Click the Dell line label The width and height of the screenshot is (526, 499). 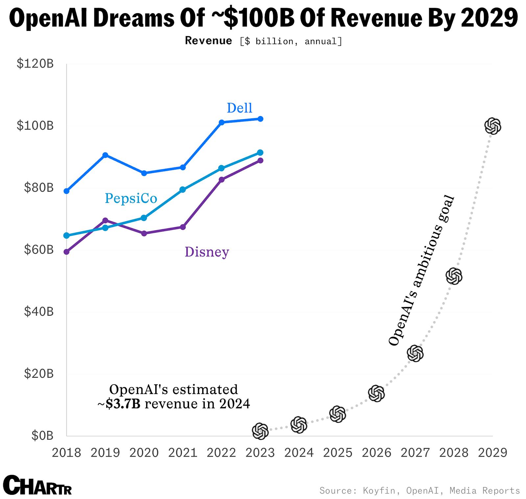click(239, 108)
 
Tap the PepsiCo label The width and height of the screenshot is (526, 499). click(131, 198)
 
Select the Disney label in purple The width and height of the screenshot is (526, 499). click(207, 252)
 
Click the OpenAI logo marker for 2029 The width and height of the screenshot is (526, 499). click(492, 126)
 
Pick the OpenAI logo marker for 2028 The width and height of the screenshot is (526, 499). click(454, 276)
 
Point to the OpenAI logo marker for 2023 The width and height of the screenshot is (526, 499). click(260, 431)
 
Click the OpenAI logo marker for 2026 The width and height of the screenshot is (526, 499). click(376, 393)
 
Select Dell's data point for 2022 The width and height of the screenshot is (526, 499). click(222, 122)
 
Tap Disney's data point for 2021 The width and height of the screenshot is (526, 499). click(183, 227)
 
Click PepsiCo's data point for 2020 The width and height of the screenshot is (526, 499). click(144, 218)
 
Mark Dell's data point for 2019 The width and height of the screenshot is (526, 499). click(105, 155)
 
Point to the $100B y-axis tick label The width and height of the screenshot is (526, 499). click(35, 126)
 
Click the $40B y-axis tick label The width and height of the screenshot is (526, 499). click(38, 312)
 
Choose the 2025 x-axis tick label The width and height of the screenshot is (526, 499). click(338, 453)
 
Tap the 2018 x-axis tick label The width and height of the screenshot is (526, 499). click(66, 453)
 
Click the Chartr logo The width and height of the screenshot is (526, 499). click(37, 485)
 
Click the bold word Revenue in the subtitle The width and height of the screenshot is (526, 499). click(208, 40)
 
